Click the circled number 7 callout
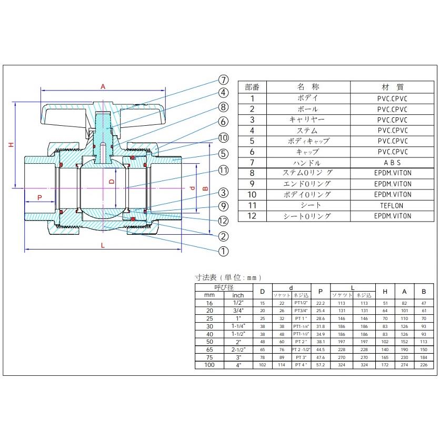(223, 81)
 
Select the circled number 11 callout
(223, 170)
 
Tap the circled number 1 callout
(223, 251)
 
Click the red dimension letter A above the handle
(103, 86)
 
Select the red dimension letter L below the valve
(103, 245)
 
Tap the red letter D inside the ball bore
(111, 181)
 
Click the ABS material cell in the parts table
(393, 163)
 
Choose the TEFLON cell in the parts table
(393, 205)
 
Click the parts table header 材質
(393, 87)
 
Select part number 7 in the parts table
(252, 163)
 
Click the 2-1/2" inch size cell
(238, 350)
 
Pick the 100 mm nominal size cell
(210, 365)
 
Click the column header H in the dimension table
(385, 291)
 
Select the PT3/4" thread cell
(301, 311)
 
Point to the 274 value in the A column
(405, 365)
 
